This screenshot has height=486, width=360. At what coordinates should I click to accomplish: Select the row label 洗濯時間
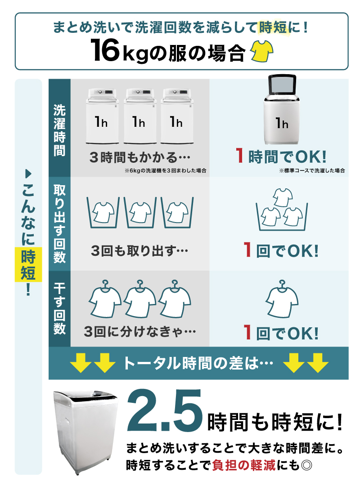click(59, 129)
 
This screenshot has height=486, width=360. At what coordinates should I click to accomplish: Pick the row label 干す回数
click(59, 308)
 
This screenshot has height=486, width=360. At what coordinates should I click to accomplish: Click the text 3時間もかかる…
click(139, 158)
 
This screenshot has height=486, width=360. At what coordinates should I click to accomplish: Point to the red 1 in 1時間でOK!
click(240, 156)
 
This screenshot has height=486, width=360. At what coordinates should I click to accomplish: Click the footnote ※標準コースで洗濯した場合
click(312, 171)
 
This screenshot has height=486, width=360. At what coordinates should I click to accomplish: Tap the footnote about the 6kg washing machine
click(165, 171)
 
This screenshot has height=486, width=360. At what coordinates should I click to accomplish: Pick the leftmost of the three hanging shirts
click(105, 299)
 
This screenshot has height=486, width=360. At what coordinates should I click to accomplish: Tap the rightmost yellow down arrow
click(320, 363)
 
